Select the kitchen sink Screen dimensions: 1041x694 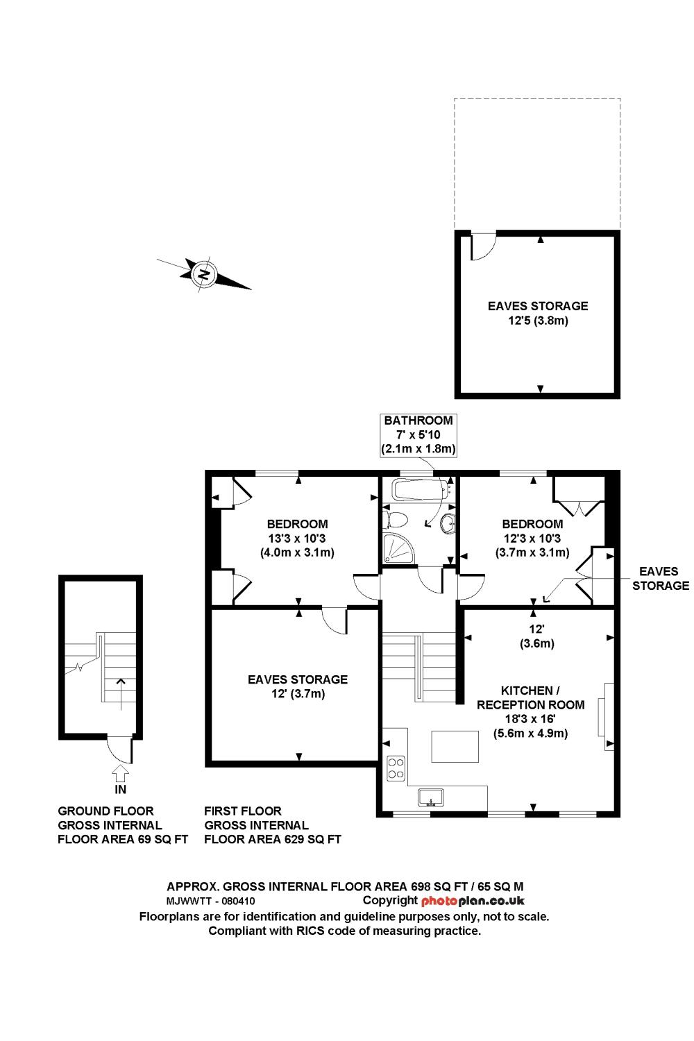click(x=432, y=796)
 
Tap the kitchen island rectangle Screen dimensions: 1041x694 click(x=455, y=747)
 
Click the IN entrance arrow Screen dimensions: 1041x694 click(x=120, y=772)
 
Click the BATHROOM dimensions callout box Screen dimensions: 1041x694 click(x=418, y=434)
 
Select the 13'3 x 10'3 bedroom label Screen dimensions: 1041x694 click(x=297, y=538)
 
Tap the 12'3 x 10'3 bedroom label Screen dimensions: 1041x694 click(x=532, y=538)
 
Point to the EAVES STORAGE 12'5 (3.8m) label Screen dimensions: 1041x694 click(x=538, y=313)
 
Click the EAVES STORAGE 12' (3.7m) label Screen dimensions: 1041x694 click(x=298, y=686)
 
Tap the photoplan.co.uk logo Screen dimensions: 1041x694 click(x=473, y=901)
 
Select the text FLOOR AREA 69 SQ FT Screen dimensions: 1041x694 click(x=123, y=839)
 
